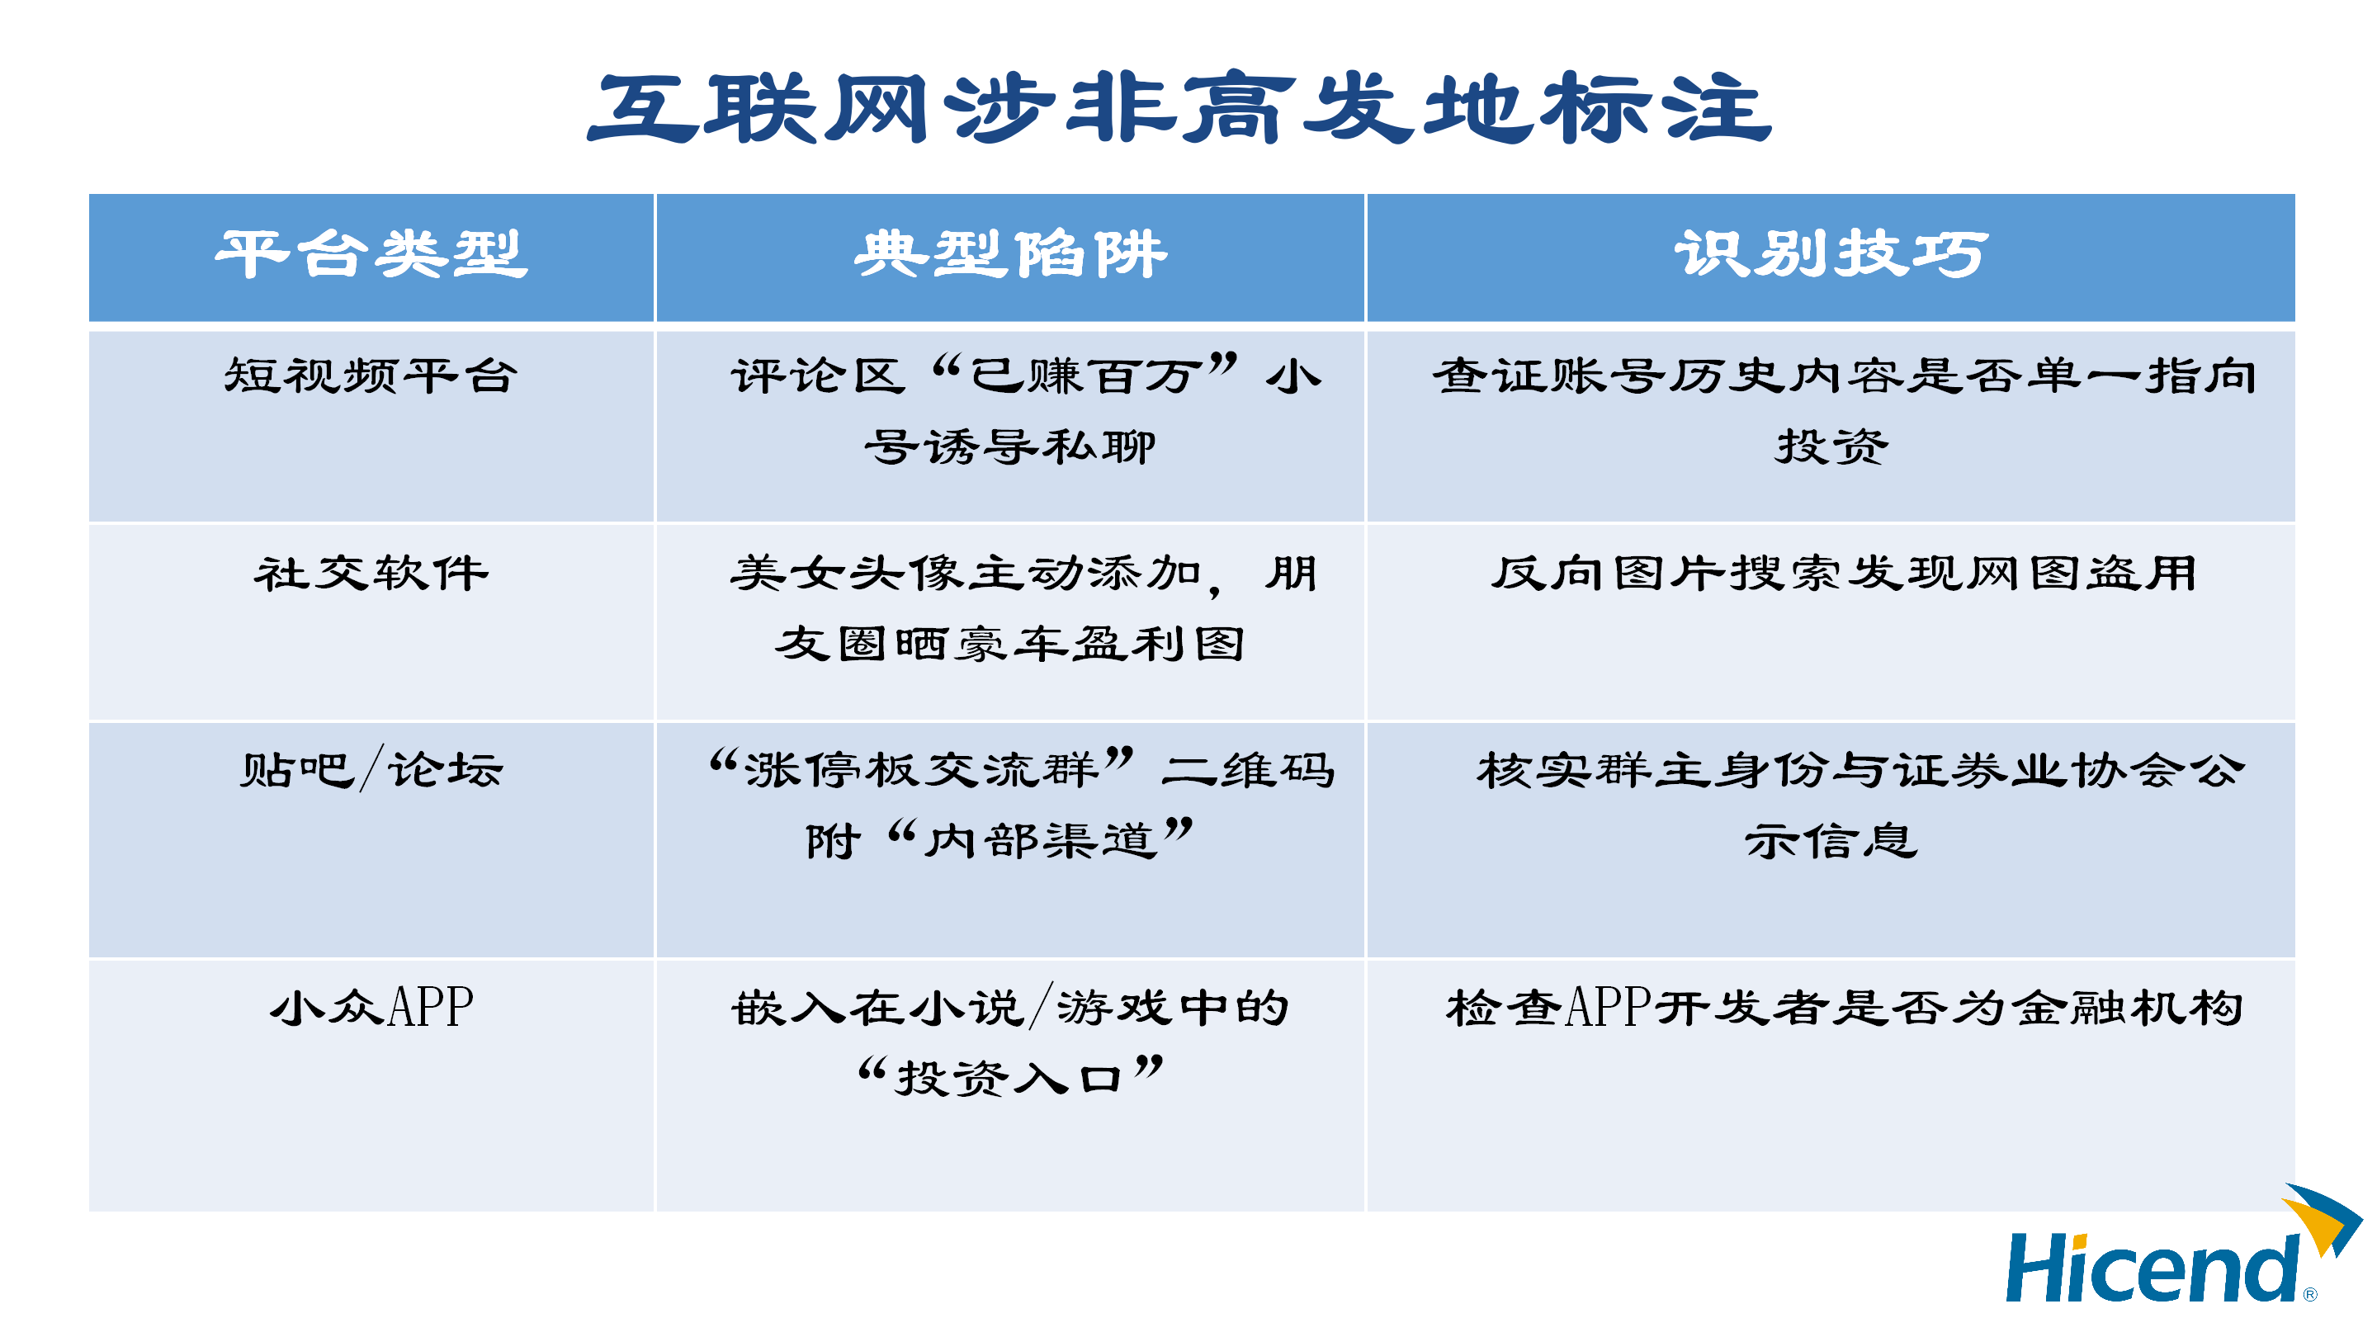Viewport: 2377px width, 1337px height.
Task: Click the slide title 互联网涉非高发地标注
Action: coord(1179,109)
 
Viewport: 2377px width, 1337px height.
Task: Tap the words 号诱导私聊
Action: coord(1010,446)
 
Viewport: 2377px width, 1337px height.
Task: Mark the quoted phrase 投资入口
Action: coord(1010,1077)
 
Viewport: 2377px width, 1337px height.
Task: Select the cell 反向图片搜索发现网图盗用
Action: coord(1844,573)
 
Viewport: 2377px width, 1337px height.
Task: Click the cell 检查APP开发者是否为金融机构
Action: coord(1844,1007)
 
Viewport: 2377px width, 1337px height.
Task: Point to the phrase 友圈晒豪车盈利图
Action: coord(1010,644)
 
